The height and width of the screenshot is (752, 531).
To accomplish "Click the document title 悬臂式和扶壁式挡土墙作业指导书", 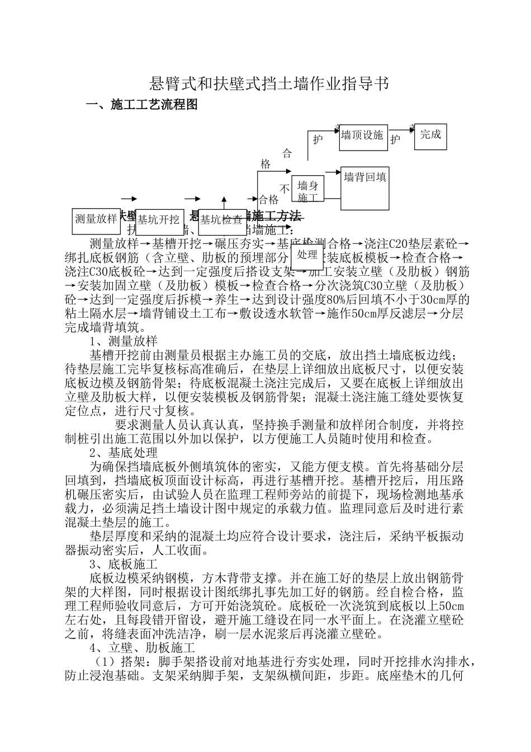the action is click(x=268, y=84).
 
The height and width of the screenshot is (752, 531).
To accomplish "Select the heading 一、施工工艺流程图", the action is click(x=141, y=105).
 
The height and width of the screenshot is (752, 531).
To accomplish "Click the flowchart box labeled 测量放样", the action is click(x=96, y=219).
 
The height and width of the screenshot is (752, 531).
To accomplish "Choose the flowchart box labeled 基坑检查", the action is click(x=222, y=219).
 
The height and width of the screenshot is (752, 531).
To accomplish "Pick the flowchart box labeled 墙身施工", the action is click(x=307, y=191).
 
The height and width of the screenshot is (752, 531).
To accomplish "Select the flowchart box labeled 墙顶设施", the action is click(x=363, y=136).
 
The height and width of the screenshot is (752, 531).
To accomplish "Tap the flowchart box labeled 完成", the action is click(x=430, y=135).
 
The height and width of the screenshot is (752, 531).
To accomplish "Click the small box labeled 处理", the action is click(x=307, y=255).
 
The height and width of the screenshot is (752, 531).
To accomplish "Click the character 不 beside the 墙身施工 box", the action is click(x=285, y=189).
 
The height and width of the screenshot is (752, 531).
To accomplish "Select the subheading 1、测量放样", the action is click(x=124, y=341).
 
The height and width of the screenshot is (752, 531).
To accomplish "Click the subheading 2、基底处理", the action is click(x=124, y=452).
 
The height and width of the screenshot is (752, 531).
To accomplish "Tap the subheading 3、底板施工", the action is click(x=124, y=563).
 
